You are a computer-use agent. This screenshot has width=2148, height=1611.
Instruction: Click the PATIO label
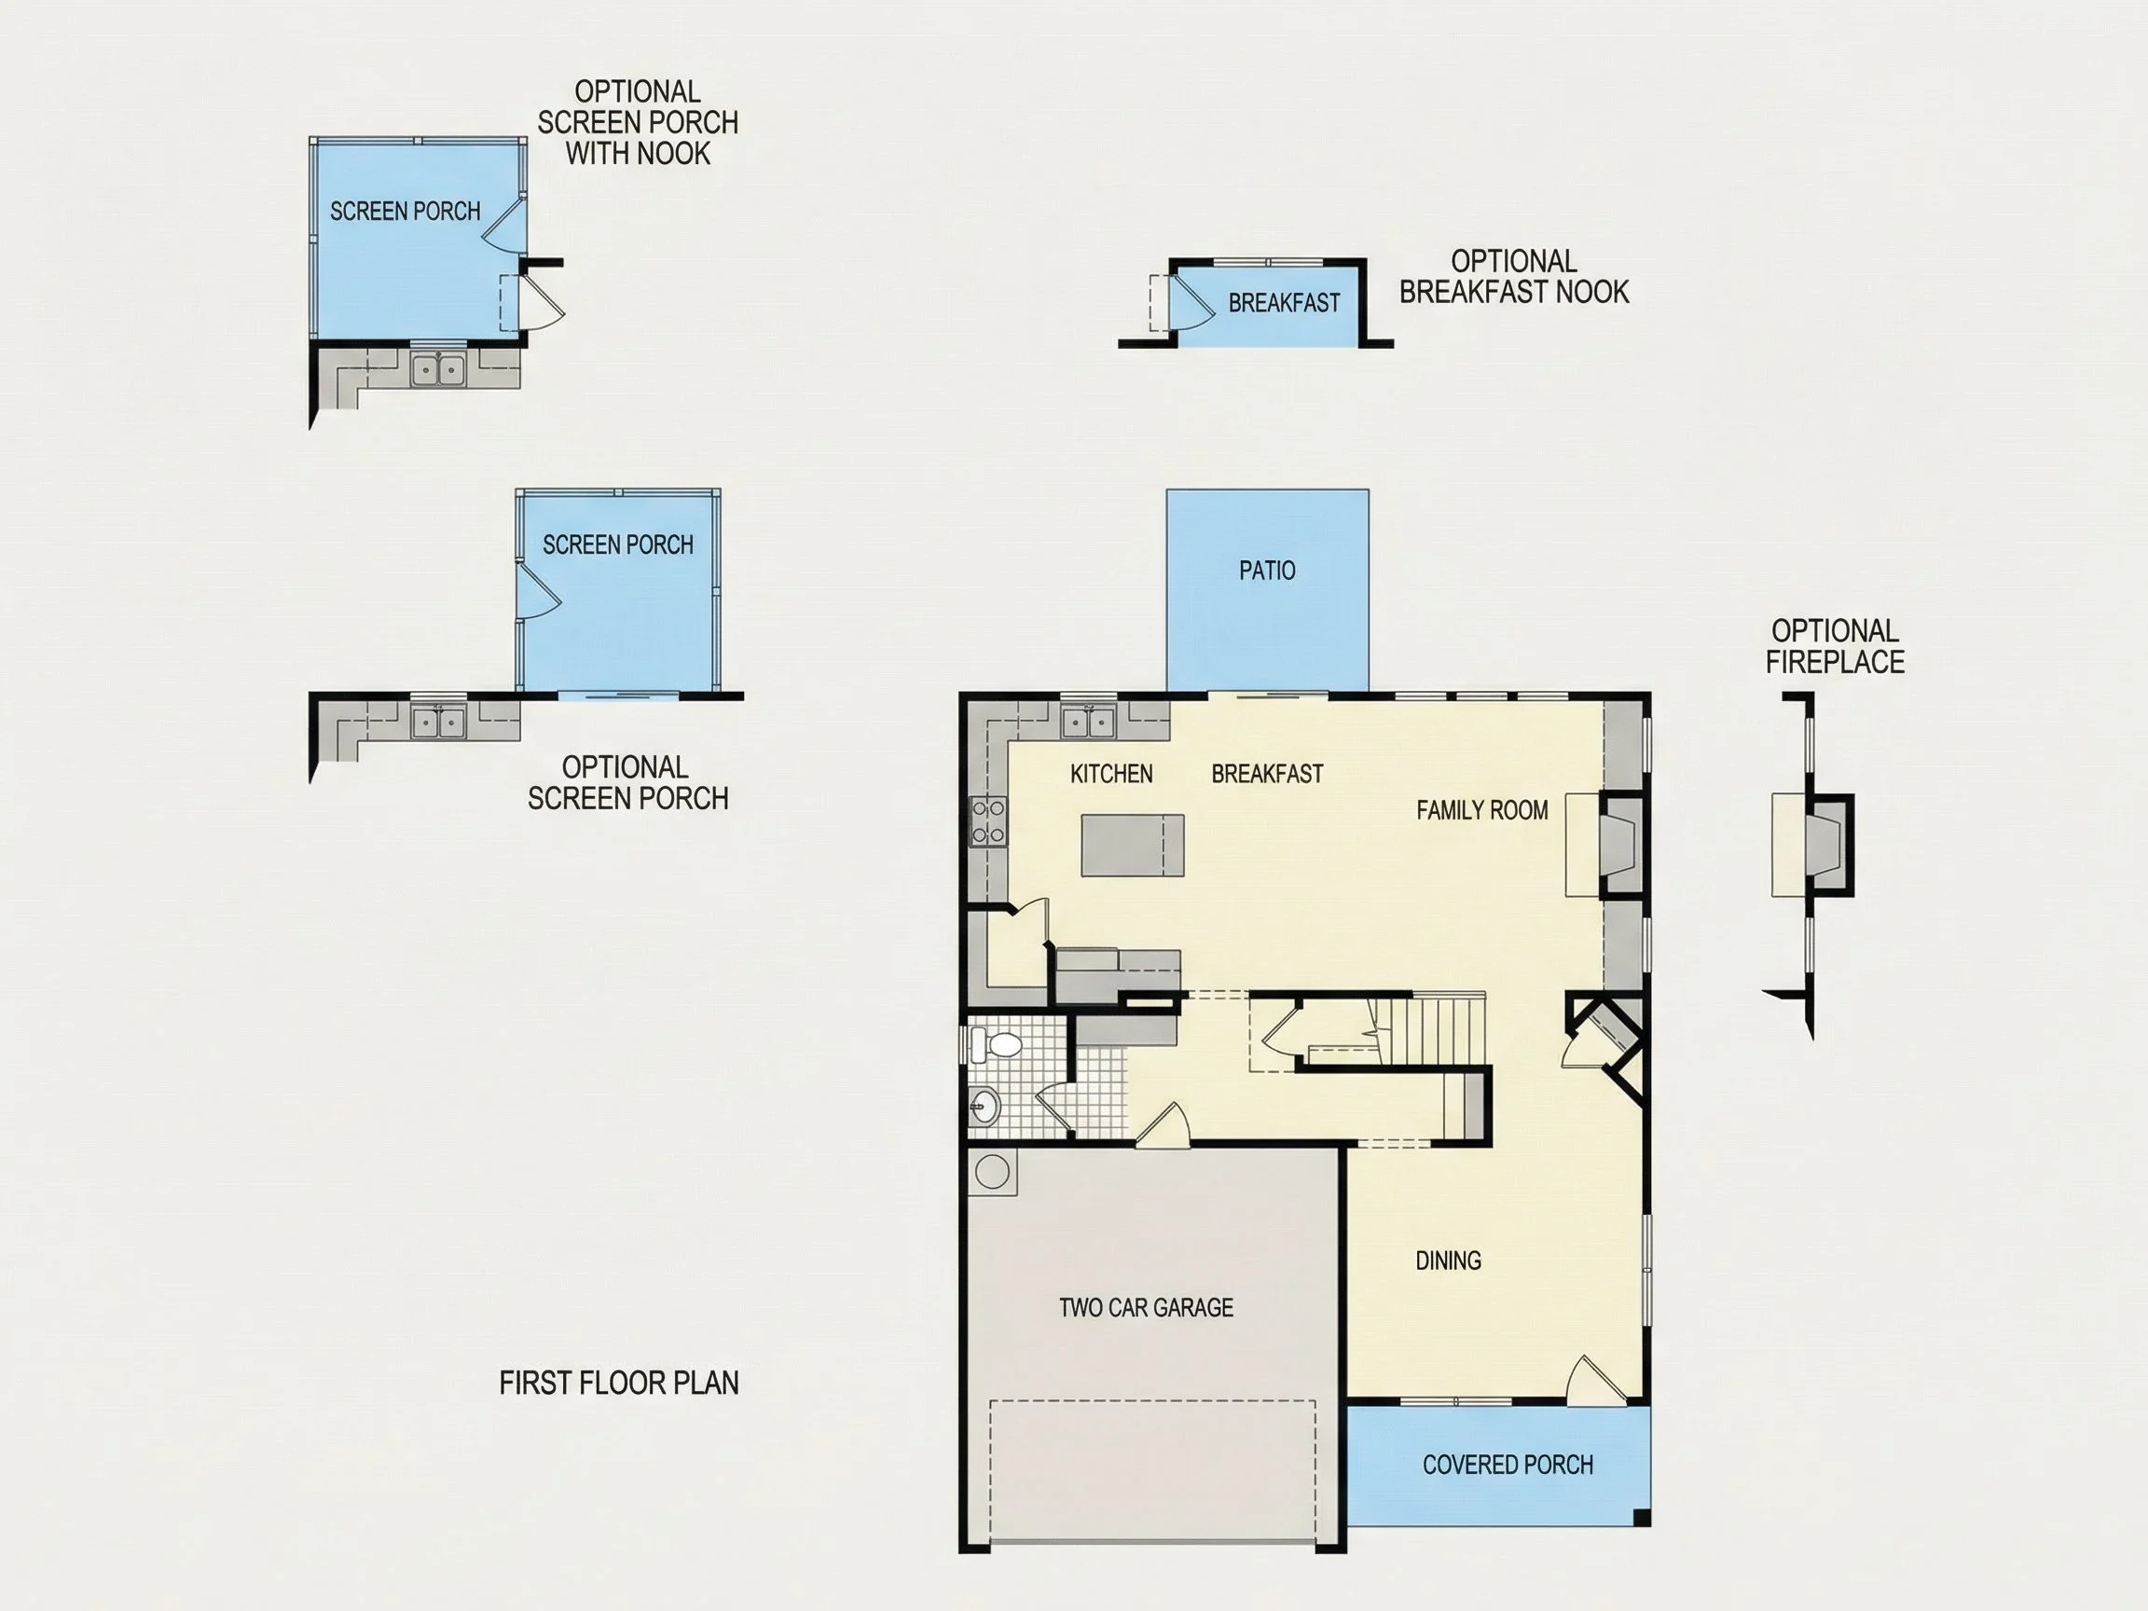[1266, 570]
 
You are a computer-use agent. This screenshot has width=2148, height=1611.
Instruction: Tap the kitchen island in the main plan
[1132, 845]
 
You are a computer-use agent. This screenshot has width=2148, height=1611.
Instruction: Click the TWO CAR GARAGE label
[1146, 1307]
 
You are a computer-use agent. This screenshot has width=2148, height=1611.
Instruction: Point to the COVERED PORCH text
[1508, 1465]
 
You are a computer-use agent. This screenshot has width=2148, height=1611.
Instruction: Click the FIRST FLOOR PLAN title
[618, 1382]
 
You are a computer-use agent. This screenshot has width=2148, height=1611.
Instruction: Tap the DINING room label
[1448, 1260]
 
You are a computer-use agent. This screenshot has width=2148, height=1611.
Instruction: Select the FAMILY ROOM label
[1481, 810]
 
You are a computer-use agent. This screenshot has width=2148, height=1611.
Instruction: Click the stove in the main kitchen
[988, 820]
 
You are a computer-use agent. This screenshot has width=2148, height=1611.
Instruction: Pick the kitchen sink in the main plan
[1088, 722]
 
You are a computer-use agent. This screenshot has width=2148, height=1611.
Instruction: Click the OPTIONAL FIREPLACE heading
[1835, 647]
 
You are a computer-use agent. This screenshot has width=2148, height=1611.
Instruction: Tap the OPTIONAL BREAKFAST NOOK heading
[1514, 277]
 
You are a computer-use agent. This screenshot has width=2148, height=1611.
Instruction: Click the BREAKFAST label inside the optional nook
[1284, 303]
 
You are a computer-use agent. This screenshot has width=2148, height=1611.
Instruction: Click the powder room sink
[983, 1106]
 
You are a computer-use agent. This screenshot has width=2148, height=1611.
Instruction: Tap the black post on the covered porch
[1641, 1518]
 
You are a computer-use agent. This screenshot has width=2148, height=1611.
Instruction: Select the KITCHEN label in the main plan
[1111, 774]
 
